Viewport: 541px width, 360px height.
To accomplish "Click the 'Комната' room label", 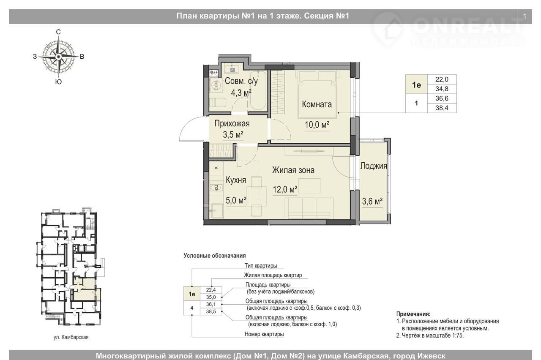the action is [317, 104].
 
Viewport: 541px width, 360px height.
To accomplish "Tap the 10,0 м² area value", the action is [317, 125].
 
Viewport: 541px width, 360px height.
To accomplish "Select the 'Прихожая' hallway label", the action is [232, 124].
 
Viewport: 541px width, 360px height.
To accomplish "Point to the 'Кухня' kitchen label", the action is [236, 180].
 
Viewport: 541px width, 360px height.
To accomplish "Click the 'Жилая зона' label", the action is [293, 170].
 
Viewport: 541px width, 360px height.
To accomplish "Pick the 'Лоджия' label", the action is [374, 166].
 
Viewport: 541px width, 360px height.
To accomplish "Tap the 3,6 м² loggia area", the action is [372, 201].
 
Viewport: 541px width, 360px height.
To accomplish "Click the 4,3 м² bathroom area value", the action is [241, 93].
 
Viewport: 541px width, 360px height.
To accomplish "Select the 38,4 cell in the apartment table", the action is [442, 108].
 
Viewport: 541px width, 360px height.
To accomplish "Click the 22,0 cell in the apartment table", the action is [442, 79].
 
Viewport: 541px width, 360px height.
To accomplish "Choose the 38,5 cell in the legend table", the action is [211, 311].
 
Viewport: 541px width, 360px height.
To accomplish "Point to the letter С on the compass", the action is [58, 32].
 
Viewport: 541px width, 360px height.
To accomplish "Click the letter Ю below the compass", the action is [58, 82].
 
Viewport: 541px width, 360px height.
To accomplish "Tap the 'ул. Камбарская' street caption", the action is [71, 337].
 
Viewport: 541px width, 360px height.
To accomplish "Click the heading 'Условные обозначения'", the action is [214, 256].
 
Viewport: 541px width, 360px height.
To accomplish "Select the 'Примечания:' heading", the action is [413, 314].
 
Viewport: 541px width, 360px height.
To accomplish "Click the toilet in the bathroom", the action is [217, 103].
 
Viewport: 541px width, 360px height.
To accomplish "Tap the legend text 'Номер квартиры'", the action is [264, 334].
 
